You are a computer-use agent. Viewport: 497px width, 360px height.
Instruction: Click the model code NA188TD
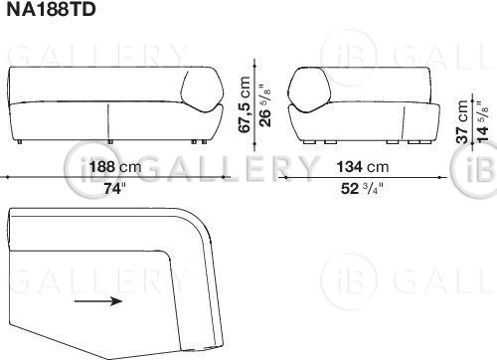51,9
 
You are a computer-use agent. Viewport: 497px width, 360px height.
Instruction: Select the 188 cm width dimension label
115,166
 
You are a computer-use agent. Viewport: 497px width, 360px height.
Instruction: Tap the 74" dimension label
115,189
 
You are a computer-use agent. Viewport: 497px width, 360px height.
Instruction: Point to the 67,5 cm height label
245,104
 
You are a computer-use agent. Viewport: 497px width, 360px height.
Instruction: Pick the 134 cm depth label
363,167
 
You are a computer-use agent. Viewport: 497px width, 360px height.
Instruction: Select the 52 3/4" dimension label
362,189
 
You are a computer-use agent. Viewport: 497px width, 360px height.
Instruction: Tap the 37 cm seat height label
462,121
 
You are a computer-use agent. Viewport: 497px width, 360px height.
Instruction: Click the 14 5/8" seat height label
482,121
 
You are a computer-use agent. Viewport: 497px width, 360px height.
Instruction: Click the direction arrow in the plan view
98,301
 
